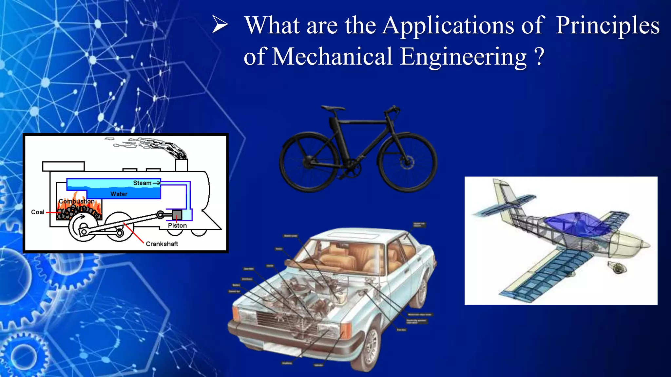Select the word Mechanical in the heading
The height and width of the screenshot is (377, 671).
tap(332, 57)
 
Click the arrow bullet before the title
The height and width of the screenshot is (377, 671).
tap(220, 25)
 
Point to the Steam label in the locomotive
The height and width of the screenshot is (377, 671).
tap(142, 183)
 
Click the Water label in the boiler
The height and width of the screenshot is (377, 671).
tap(119, 194)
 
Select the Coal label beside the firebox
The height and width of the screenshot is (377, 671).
tap(38, 212)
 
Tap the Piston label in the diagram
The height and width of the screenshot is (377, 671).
tap(177, 225)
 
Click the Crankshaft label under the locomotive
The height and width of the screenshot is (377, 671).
tap(162, 244)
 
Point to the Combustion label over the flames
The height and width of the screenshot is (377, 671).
tap(77, 201)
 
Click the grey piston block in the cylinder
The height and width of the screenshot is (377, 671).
tap(177, 215)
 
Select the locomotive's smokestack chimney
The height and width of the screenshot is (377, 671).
tap(182, 165)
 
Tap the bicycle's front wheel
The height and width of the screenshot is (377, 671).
tap(407, 162)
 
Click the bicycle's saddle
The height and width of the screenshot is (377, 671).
tap(333, 108)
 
